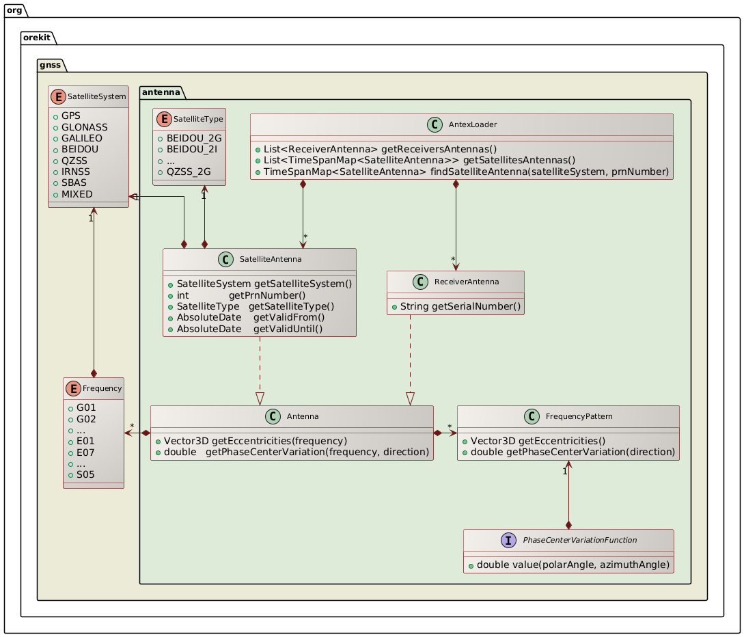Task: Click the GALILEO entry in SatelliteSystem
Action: (80, 137)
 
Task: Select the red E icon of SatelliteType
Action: (161, 119)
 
